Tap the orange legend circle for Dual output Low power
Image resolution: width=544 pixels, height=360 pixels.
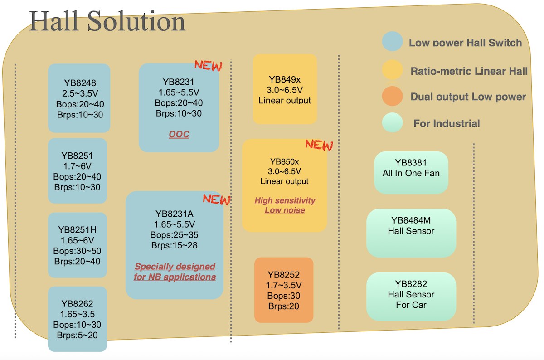point(393,97)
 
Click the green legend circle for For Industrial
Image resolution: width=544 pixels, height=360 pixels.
point(393,123)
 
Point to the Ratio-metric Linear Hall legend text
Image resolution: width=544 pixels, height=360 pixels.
point(469,71)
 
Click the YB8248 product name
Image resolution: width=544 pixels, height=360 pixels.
point(80,83)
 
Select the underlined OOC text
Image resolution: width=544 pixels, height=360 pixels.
point(179,134)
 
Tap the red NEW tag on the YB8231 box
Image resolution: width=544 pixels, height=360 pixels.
point(209,66)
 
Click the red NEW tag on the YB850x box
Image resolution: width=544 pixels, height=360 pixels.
point(319,145)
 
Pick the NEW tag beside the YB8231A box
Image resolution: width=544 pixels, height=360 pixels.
point(217,199)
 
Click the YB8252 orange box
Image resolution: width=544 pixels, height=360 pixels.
point(284,290)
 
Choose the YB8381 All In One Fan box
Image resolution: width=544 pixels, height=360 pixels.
point(411,172)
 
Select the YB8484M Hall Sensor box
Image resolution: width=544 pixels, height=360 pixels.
point(411,233)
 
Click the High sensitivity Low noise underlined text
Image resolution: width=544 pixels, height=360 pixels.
point(285,205)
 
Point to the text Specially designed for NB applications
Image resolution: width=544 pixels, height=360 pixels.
point(175,272)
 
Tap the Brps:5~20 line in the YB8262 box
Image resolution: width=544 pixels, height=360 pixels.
point(77,336)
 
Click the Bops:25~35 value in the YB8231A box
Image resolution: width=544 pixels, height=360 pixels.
point(175,235)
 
